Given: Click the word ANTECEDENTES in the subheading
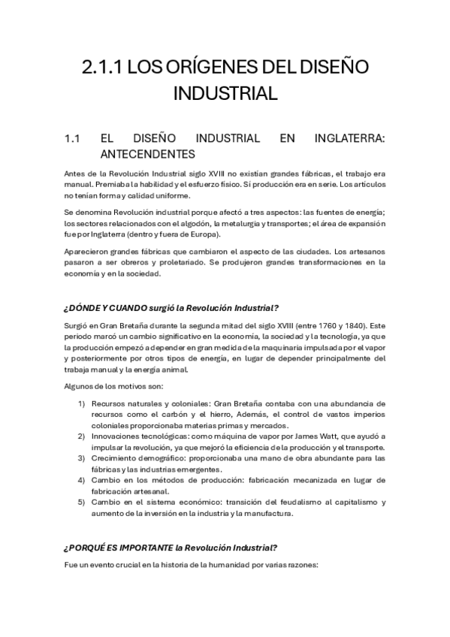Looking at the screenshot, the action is coord(147,155).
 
